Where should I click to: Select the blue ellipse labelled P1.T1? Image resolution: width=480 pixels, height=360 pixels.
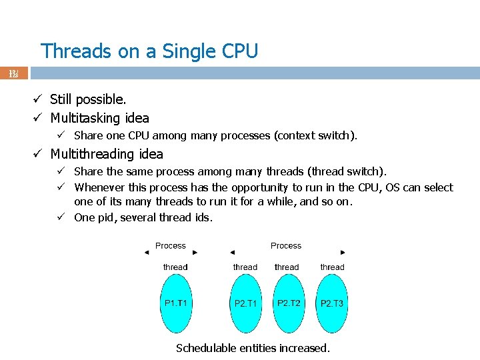176,303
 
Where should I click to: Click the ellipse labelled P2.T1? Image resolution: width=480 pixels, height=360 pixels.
246,303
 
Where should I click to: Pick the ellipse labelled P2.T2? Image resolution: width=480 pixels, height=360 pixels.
289,303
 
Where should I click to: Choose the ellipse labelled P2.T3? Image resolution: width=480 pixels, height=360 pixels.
332,303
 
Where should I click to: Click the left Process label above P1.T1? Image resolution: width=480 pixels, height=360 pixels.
171,246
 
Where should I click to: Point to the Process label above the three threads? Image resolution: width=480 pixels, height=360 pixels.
286,246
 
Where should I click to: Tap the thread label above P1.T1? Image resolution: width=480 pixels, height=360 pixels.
175,267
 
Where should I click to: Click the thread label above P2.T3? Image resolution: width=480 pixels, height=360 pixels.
332,267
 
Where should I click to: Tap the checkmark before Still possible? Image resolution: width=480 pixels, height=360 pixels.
39,99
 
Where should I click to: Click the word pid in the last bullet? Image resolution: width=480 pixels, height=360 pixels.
107,217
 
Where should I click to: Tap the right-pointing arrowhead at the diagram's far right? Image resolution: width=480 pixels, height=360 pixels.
343,253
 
